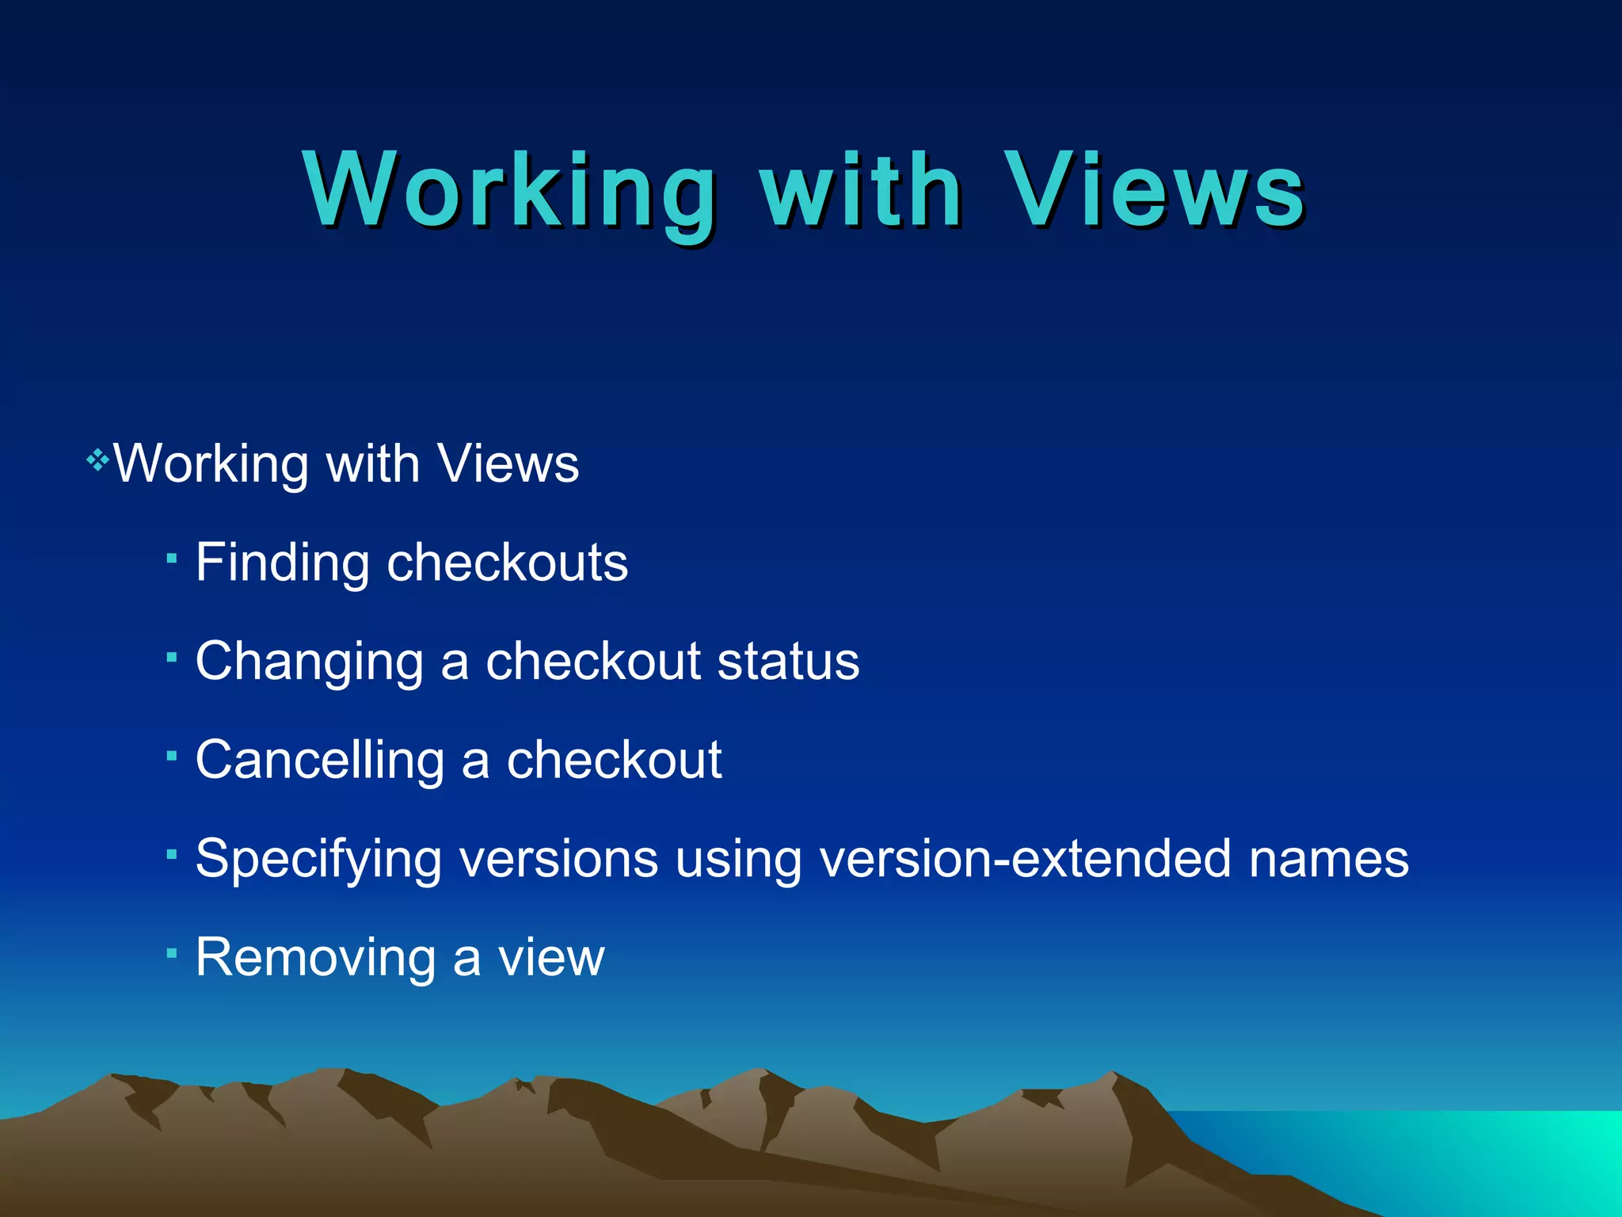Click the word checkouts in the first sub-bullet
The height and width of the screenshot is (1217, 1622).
click(x=507, y=563)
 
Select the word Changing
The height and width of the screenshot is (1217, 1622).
click(x=309, y=662)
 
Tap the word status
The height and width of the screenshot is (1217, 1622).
click(x=788, y=662)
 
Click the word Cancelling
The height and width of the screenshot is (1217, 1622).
click(x=320, y=760)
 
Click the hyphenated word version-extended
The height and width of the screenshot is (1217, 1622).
click(x=1026, y=859)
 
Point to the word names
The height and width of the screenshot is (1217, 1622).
click(x=1328, y=859)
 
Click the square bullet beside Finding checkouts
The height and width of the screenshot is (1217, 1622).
click(x=171, y=559)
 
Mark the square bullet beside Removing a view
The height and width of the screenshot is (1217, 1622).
click(x=171, y=953)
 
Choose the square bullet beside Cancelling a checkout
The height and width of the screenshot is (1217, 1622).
click(x=171, y=756)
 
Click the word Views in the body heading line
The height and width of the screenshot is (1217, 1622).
click(x=508, y=464)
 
